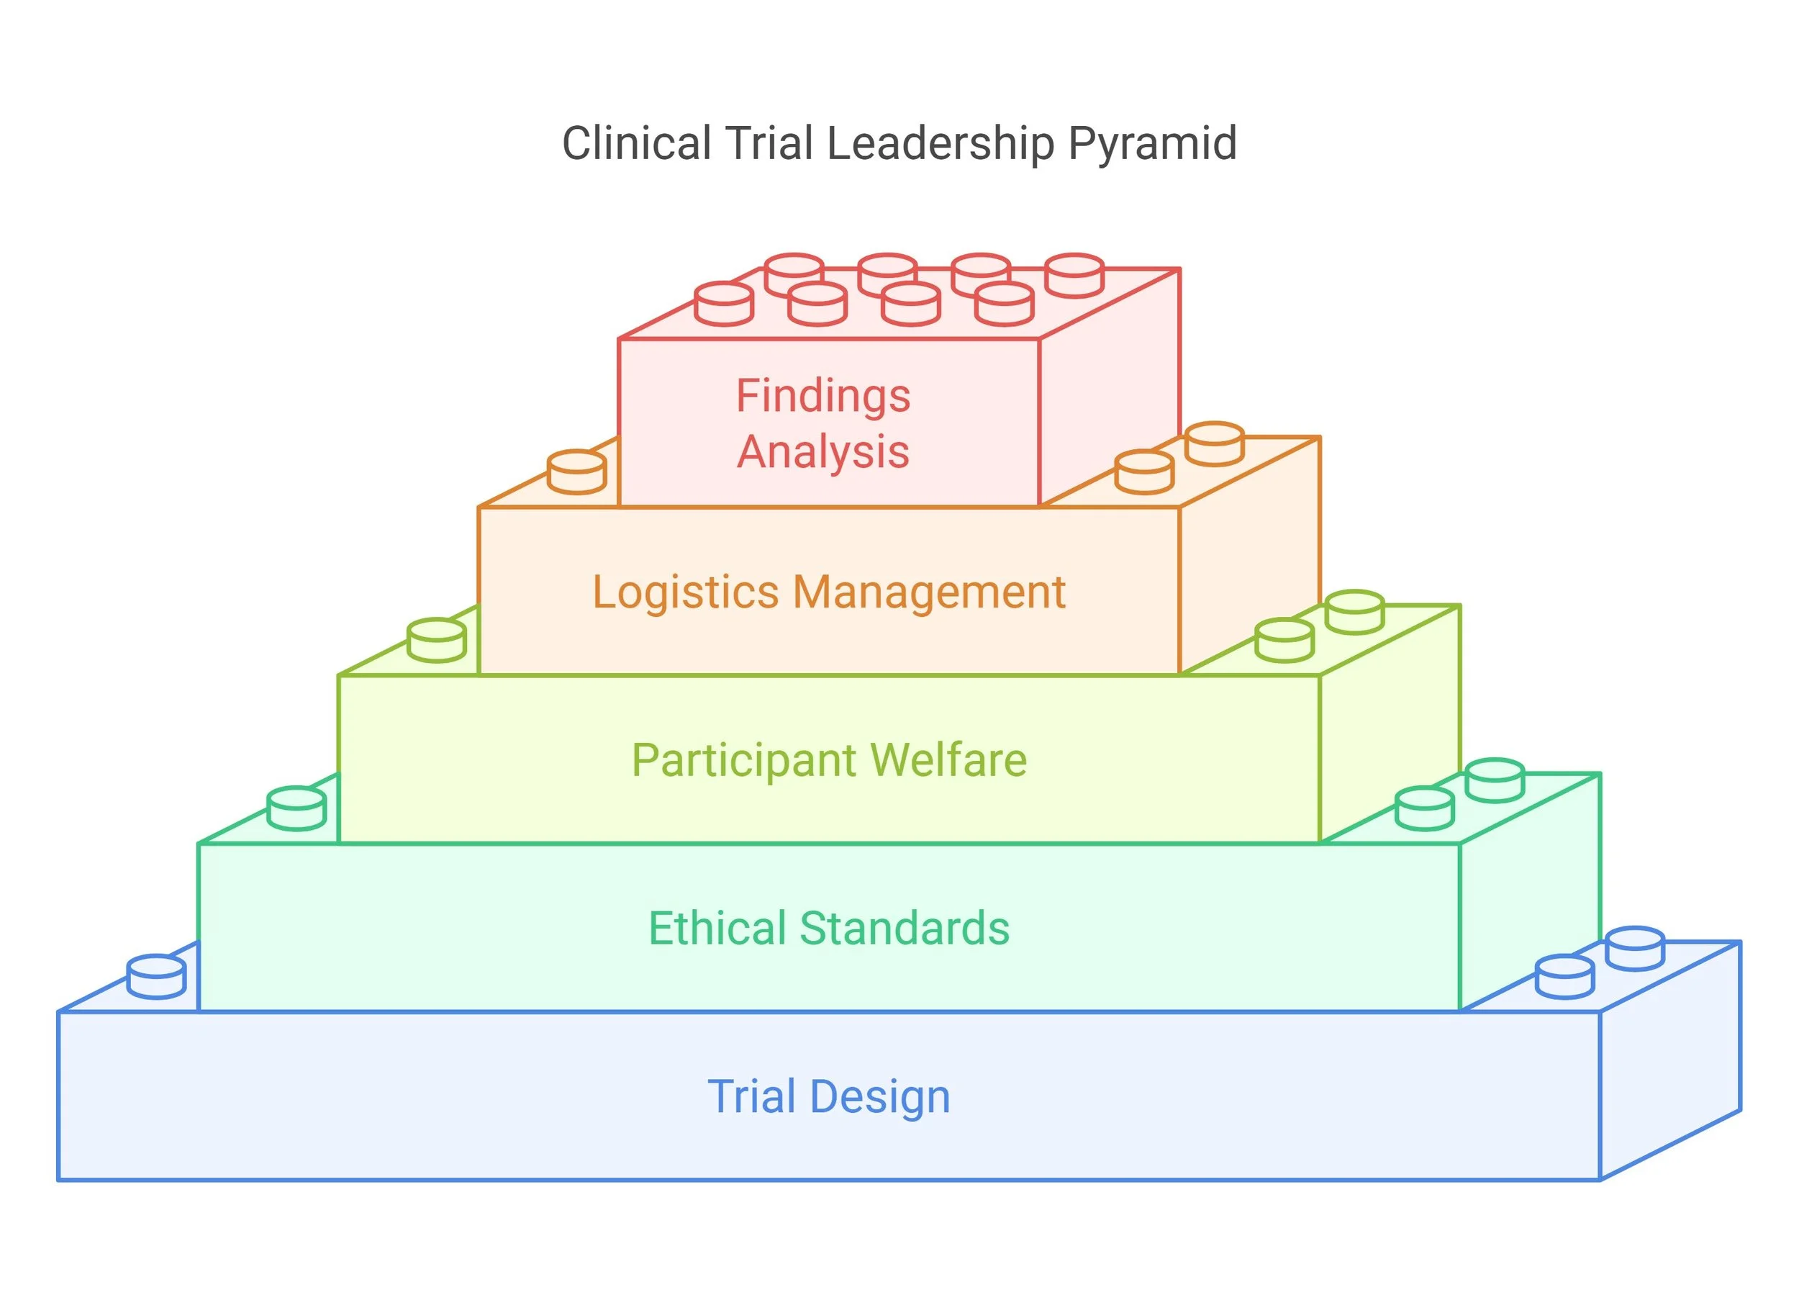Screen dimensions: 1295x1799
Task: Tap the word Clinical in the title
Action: point(636,145)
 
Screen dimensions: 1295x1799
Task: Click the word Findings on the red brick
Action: point(823,396)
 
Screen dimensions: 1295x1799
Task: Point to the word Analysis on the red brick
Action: point(823,452)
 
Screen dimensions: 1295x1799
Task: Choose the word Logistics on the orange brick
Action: point(685,592)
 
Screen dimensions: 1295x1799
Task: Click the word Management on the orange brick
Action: point(929,592)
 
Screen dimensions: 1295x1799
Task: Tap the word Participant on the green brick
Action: point(744,761)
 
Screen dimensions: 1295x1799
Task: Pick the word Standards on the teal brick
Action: point(905,929)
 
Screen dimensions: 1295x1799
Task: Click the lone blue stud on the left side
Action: point(156,977)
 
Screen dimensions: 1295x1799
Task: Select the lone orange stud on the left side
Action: point(576,472)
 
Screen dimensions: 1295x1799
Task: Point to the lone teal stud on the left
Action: point(296,808)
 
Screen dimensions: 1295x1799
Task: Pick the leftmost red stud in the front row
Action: point(723,304)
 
